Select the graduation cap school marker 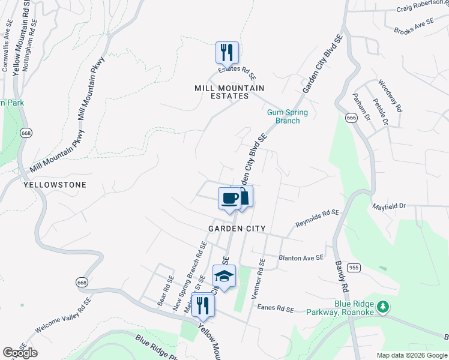224,276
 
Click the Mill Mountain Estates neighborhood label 230,92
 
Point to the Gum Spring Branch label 288,116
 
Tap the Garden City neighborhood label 237,229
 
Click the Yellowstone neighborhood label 55,185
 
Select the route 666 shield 352,118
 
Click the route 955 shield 354,268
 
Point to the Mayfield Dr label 390,205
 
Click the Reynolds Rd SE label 318,218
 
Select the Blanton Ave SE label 301,257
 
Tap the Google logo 20,353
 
